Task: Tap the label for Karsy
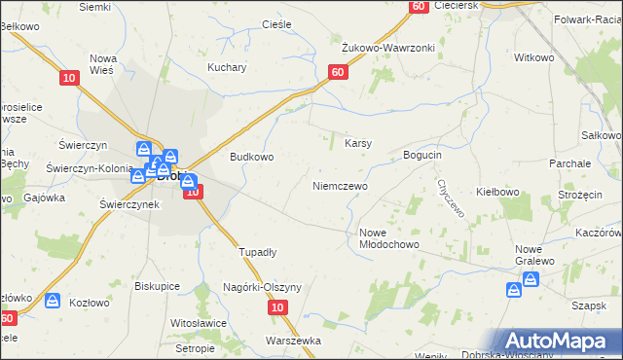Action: coord(358,144)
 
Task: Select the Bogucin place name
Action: coord(422,156)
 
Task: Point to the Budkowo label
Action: coord(251,156)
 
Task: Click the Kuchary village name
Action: coord(227,68)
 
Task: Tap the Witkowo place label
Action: coord(533,58)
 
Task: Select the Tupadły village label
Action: coord(258,252)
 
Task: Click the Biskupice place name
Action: coord(159,287)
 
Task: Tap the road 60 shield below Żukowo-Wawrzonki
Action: coord(338,72)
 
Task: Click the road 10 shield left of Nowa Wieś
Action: coord(68,78)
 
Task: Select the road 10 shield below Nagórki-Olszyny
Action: coord(278,307)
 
